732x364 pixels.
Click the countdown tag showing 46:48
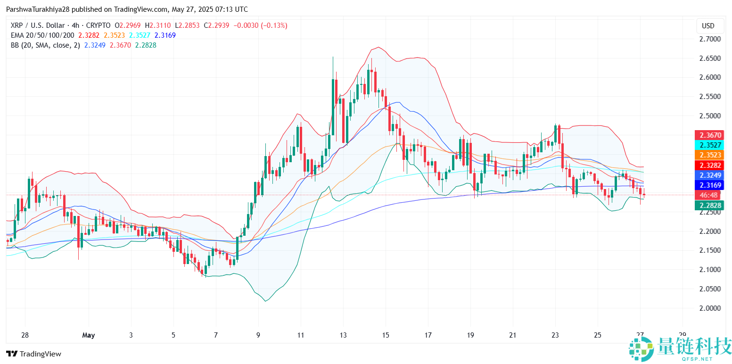710,195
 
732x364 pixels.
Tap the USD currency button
708,25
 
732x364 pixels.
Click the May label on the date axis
88,335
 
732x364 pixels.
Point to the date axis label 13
343,335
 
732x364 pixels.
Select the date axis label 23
555,335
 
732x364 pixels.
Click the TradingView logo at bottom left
33,354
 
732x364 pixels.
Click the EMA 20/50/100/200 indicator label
42,35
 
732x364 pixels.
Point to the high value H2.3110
157,25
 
